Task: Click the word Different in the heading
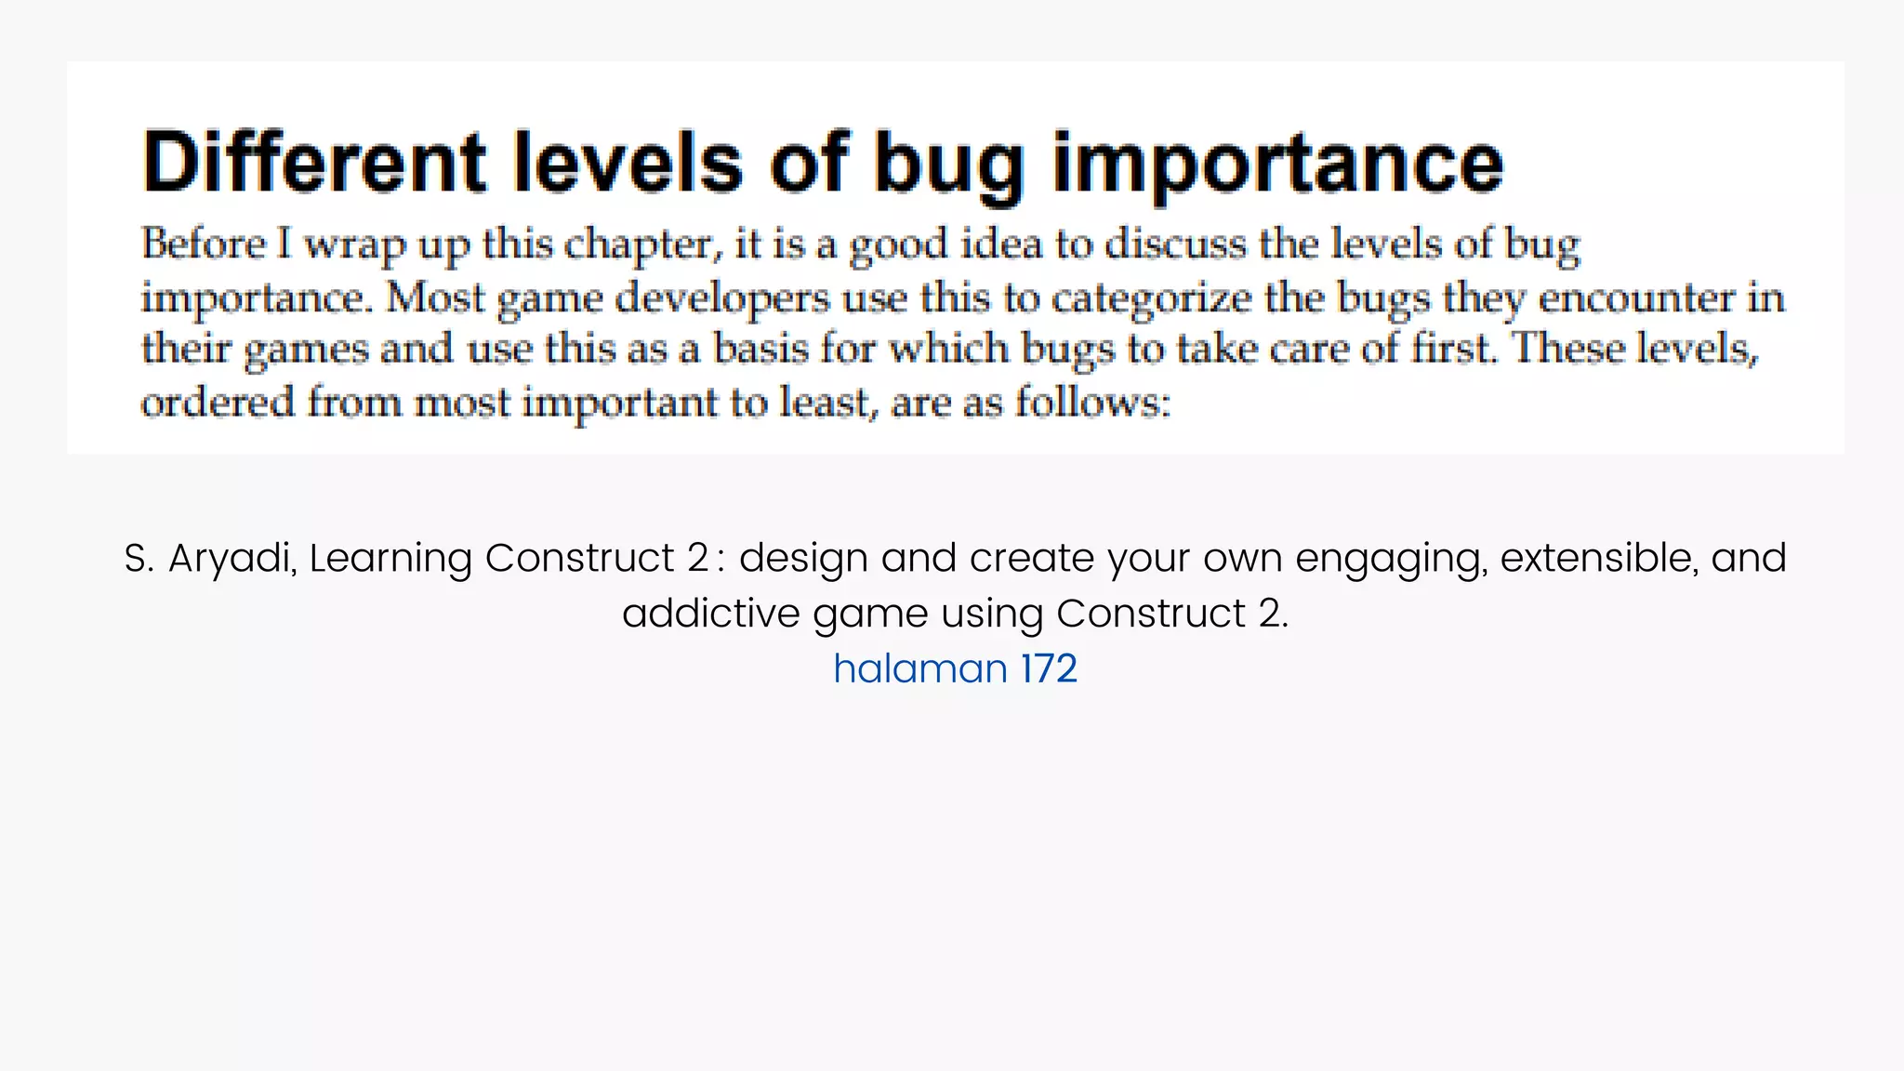point(314,162)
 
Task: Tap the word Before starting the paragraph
point(204,245)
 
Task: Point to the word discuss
point(1175,245)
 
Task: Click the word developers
point(722,298)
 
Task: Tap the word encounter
point(1637,298)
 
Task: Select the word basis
point(760,349)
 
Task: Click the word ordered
point(218,403)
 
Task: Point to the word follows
point(1092,403)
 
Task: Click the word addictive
point(710,614)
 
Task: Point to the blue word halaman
point(919,668)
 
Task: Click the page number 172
point(1049,668)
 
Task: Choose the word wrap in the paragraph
point(354,245)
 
